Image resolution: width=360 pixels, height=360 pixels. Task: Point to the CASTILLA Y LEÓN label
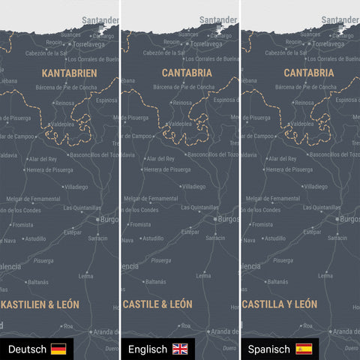click(279, 304)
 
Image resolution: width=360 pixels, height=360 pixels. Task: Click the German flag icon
click(58, 349)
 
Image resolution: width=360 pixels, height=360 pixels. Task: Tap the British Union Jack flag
click(181, 349)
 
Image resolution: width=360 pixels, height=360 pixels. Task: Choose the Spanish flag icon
click(303, 349)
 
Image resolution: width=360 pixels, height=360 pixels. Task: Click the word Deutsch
click(27, 349)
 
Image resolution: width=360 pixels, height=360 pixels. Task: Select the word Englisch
click(148, 349)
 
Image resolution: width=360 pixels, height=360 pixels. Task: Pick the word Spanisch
click(269, 349)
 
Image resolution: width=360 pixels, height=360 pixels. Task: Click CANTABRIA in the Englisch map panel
click(187, 73)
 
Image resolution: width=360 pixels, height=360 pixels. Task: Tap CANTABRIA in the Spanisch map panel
click(308, 73)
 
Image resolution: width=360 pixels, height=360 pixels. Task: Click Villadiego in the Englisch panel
click(193, 186)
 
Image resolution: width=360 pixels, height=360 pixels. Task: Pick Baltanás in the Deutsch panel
click(37, 282)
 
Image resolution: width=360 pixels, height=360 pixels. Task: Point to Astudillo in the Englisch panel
click(152, 238)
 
